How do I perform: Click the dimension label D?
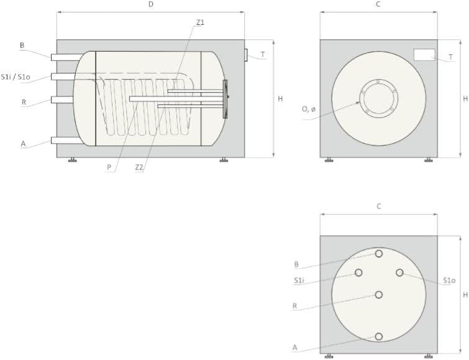(x=151, y=4)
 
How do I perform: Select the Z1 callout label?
(x=200, y=22)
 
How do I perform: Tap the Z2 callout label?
(x=139, y=167)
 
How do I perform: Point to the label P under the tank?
(x=109, y=167)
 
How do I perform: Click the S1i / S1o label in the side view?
(x=16, y=77)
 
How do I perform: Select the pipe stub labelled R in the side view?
(x=62, y=99)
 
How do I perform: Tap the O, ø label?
(x=308, y=109)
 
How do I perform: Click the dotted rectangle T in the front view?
(x=424, y=55)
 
